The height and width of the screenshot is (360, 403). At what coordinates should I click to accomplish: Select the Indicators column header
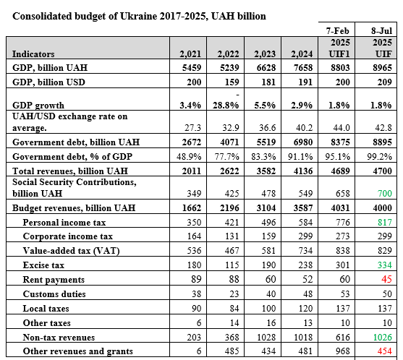33,54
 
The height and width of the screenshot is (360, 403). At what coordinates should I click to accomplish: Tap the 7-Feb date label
337,31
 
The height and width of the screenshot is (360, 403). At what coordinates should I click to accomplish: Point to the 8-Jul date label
382,31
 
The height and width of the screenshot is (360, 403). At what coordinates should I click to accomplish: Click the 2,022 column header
228,54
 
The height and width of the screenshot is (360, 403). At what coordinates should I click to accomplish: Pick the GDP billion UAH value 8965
383,67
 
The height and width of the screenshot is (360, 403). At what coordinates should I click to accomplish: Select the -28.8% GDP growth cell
226,100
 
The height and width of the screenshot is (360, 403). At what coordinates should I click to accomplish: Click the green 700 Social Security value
385,193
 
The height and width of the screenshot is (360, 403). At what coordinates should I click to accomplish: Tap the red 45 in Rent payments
387,279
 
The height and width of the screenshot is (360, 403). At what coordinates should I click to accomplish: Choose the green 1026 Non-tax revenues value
383,337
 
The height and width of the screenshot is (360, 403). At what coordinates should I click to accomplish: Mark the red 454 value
385,351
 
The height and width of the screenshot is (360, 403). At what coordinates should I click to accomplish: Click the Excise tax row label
43,265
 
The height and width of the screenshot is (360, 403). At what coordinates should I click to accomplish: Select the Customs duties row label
54,294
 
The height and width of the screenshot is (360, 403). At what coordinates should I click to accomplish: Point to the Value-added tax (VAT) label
71,251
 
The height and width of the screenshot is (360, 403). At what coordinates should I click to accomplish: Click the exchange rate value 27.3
192,128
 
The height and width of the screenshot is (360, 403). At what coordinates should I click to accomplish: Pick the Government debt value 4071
229,142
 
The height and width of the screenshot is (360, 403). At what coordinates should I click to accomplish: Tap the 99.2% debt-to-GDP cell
380,157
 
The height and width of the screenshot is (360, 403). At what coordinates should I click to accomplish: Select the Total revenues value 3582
266,171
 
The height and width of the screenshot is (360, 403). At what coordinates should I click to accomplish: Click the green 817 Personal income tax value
385,222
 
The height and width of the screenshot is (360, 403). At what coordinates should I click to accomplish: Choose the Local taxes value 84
234,309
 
